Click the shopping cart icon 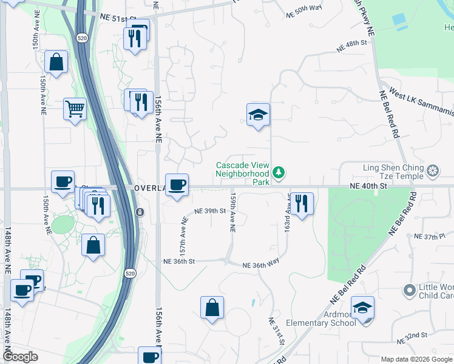(75, 110)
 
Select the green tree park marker (279, 173)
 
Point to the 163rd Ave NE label (287, 212)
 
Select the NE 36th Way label (260, 265)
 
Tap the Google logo (21, 357)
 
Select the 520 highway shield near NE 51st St (81, 38)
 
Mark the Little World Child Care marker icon (410, 289)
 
